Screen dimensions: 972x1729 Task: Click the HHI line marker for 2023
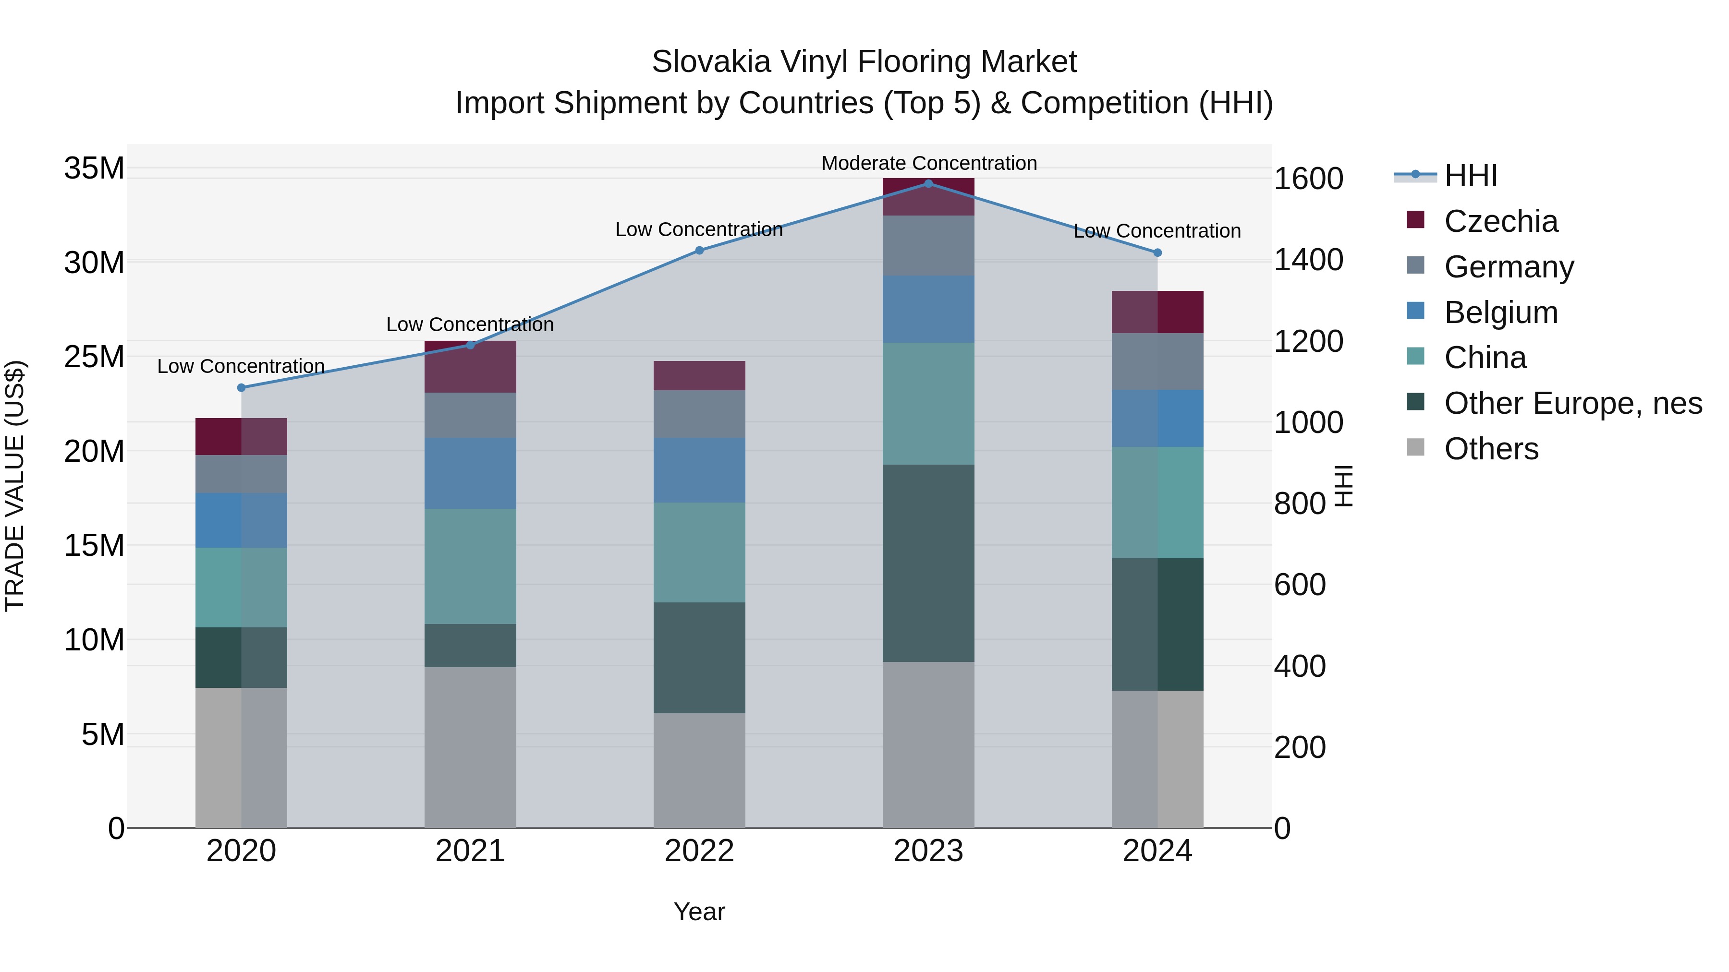coord(928,184)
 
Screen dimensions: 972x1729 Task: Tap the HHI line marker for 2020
coord(242,388)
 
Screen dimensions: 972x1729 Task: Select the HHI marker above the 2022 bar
coord(699,250)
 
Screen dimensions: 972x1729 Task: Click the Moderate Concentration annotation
coord(929,163)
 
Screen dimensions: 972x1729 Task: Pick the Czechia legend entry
coord(1501,221)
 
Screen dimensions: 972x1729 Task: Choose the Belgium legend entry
coord(1501,312)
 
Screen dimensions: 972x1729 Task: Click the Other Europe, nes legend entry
coord(1572,403)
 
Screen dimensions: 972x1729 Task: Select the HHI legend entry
coord(1470,176)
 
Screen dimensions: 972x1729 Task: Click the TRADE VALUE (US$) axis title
coord(15,486)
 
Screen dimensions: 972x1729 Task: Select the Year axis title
coord(699,912)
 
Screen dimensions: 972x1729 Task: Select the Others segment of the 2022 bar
coord(699,769)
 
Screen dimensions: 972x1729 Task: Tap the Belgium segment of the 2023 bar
coord(928,309)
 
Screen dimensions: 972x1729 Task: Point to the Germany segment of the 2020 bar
coord(242,474)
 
